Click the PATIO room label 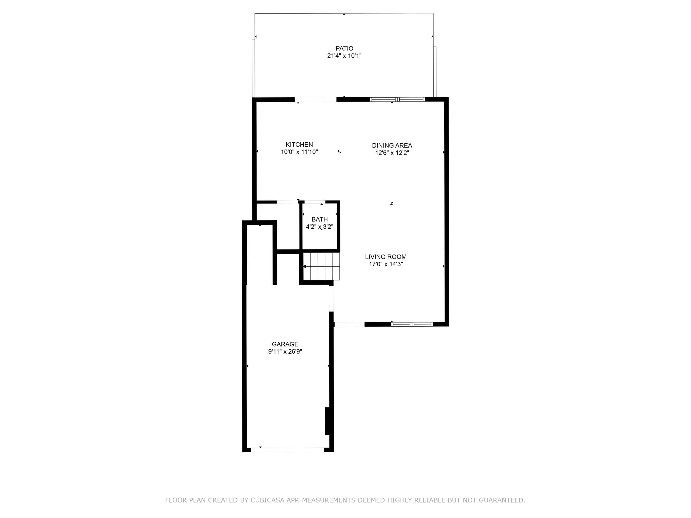click(344, 48)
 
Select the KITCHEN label click(299, 145)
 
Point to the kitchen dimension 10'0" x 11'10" click(299, 152)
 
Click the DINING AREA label click(392, 146)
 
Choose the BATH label click(319, 219)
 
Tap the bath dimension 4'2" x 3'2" click(319, 227)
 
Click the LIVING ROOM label click(386, 257)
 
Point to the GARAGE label click(285, 344)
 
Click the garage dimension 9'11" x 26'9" click(285, 352)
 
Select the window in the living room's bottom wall click(412, 324)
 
